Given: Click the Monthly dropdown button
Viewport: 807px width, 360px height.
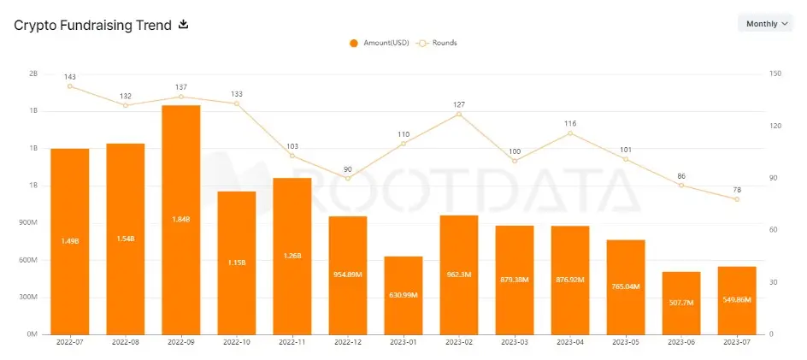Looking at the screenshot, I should (765, 24).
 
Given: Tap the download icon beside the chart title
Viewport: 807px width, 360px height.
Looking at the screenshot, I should (182, 24).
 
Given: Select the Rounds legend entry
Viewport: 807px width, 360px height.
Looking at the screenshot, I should (437, 43).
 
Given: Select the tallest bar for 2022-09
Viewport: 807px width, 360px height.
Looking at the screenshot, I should (180, 218).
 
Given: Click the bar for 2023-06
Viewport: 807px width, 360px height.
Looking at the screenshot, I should (681, 303).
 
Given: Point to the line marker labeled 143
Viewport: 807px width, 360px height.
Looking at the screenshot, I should (70, 86).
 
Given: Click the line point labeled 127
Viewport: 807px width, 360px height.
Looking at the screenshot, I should (459, 114).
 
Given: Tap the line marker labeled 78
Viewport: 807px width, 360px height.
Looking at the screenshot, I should (736, 199).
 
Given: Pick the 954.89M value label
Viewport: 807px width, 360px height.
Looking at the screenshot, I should (347, 276).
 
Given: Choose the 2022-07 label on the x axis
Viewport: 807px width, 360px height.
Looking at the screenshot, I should (69, 342).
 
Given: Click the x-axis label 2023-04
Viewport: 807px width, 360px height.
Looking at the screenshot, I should (569, 342).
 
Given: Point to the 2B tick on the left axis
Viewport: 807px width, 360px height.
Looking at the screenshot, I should (33, 74).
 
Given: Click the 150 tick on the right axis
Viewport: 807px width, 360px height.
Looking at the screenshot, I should (775, 74).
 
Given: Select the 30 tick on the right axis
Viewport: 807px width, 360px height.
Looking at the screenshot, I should (773, 281).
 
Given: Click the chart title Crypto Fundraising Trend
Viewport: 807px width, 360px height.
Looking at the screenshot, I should (92, 25).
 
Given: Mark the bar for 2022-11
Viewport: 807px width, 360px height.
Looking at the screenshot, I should (292, 256).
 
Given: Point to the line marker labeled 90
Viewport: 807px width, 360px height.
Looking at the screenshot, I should (348, 178).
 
